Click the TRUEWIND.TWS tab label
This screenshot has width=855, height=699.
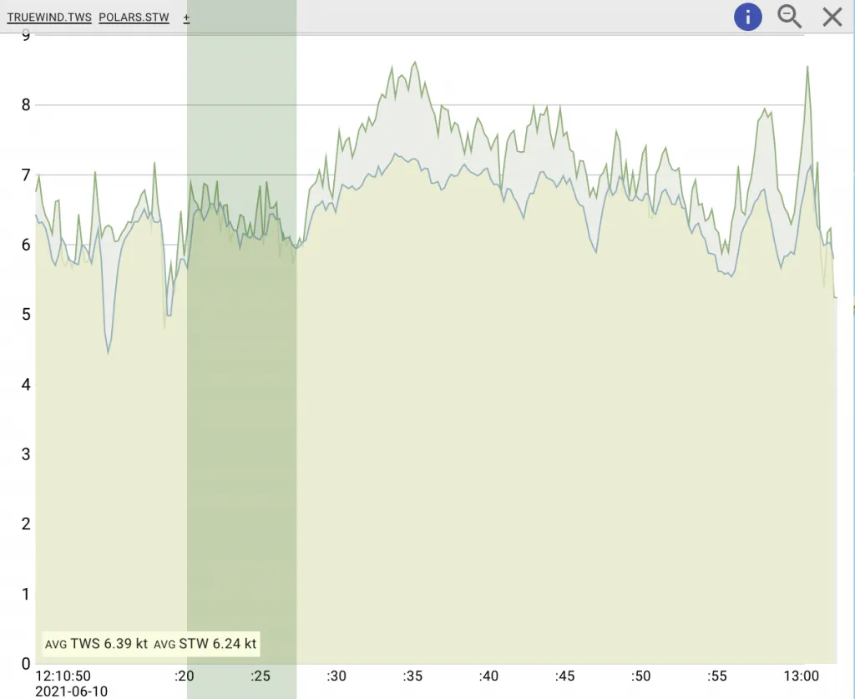pos(49,18)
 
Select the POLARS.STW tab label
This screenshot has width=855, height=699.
pos(134,18)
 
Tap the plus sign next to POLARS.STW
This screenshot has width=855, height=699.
pos(186,18)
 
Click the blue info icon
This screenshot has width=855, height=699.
pos(747,17)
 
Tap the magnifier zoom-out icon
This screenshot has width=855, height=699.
pos(789,16)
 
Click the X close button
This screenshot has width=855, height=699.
pos(832,17)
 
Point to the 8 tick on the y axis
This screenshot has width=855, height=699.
pos(26,105)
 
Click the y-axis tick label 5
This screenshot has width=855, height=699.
pos(26,315)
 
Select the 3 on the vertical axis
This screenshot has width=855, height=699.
pos(26,454)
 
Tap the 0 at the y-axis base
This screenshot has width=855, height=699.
pos(26,664)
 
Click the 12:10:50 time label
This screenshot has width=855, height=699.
pos(63,676)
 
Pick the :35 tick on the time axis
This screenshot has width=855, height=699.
pos(412,676)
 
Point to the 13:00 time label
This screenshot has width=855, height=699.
pos(800,676)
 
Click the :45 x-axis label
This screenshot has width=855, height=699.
pos(564,676)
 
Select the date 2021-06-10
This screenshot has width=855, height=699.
pos(72,691)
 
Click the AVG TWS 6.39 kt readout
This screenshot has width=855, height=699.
pos(96,644)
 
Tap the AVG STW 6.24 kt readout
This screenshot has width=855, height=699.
pos(205,644)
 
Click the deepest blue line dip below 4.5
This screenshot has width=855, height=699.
pos(109,352)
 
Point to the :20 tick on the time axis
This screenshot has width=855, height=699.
pos(184,676)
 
